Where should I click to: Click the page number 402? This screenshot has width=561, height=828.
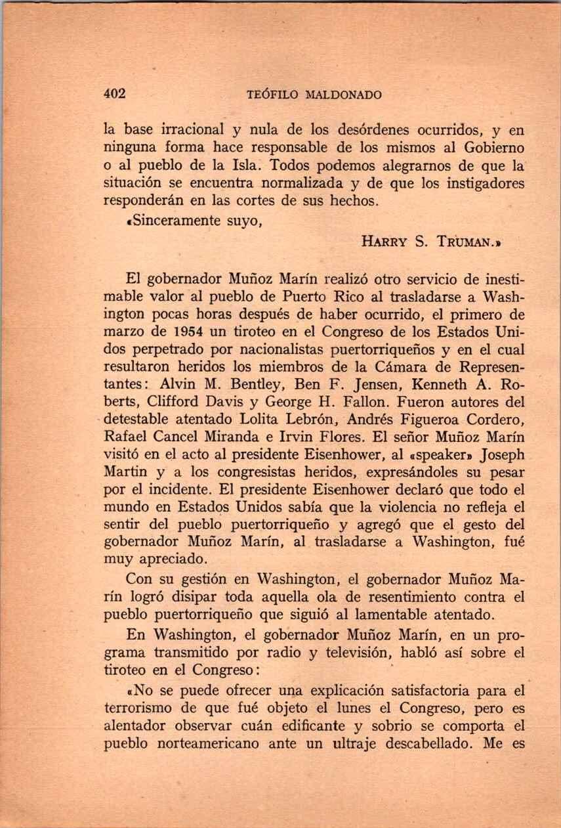(x=115, y=94)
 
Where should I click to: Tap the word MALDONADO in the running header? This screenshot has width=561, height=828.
(x=344, y=95)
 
